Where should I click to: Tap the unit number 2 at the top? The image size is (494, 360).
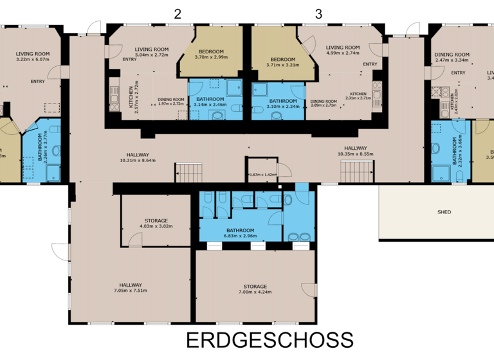178,14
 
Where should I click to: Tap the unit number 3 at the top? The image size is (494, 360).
318,14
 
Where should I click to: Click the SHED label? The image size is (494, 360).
444,212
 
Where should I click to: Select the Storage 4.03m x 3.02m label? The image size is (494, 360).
156,223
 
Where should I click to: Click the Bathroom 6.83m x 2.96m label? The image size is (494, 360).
241,233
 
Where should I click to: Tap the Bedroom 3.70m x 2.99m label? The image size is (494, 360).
211,54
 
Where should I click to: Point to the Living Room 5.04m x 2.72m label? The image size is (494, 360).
152,52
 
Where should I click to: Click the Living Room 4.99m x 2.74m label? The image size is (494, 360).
342,50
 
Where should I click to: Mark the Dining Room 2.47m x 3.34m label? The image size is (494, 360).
452,58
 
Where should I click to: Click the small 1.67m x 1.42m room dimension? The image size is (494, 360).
262,174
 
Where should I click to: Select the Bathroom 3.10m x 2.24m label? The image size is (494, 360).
282,104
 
